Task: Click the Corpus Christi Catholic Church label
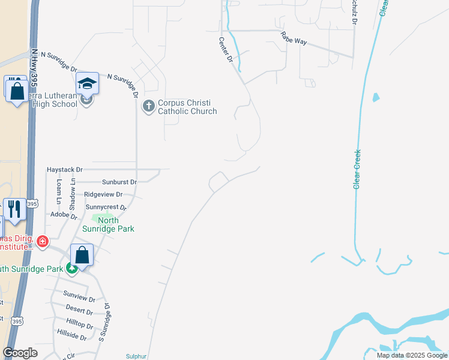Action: (187, 107)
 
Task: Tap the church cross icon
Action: (148, 107)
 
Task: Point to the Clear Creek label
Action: (357, 169)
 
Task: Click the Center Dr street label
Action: (225, 49)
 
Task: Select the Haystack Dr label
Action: (64, 170)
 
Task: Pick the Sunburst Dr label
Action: (119, 181)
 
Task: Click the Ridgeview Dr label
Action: (103, 194)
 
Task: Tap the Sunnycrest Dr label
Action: (106, 207)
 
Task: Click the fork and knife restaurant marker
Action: (14, 209)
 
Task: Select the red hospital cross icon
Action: (42, 242)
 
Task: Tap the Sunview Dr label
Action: (83, 298)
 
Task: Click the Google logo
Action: (20, 353)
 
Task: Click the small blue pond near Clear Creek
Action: (376, 97)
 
